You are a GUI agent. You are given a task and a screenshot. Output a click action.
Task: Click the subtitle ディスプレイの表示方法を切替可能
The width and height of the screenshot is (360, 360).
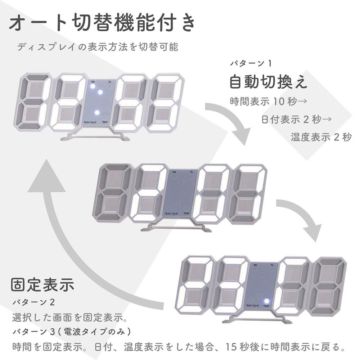98,47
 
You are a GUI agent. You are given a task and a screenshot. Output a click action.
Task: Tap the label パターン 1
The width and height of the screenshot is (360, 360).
251,63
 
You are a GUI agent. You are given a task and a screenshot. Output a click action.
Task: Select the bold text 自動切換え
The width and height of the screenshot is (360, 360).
269,82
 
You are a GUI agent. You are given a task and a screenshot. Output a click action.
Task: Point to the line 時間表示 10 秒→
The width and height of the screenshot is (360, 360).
269,101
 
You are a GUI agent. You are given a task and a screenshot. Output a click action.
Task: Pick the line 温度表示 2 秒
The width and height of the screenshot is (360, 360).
321,137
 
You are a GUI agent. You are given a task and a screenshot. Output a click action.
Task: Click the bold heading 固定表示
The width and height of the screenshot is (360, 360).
43,285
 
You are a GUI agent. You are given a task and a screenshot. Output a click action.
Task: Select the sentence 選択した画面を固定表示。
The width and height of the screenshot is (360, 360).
70,318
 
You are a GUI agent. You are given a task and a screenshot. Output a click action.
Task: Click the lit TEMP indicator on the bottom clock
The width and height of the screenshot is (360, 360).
266,301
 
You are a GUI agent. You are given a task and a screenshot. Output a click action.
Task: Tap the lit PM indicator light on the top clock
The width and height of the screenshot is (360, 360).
93,86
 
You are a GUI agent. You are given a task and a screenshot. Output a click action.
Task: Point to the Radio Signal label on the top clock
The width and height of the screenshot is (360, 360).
90,122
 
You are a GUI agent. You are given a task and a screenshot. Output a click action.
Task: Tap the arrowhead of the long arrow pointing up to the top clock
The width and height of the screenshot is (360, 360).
46,176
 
